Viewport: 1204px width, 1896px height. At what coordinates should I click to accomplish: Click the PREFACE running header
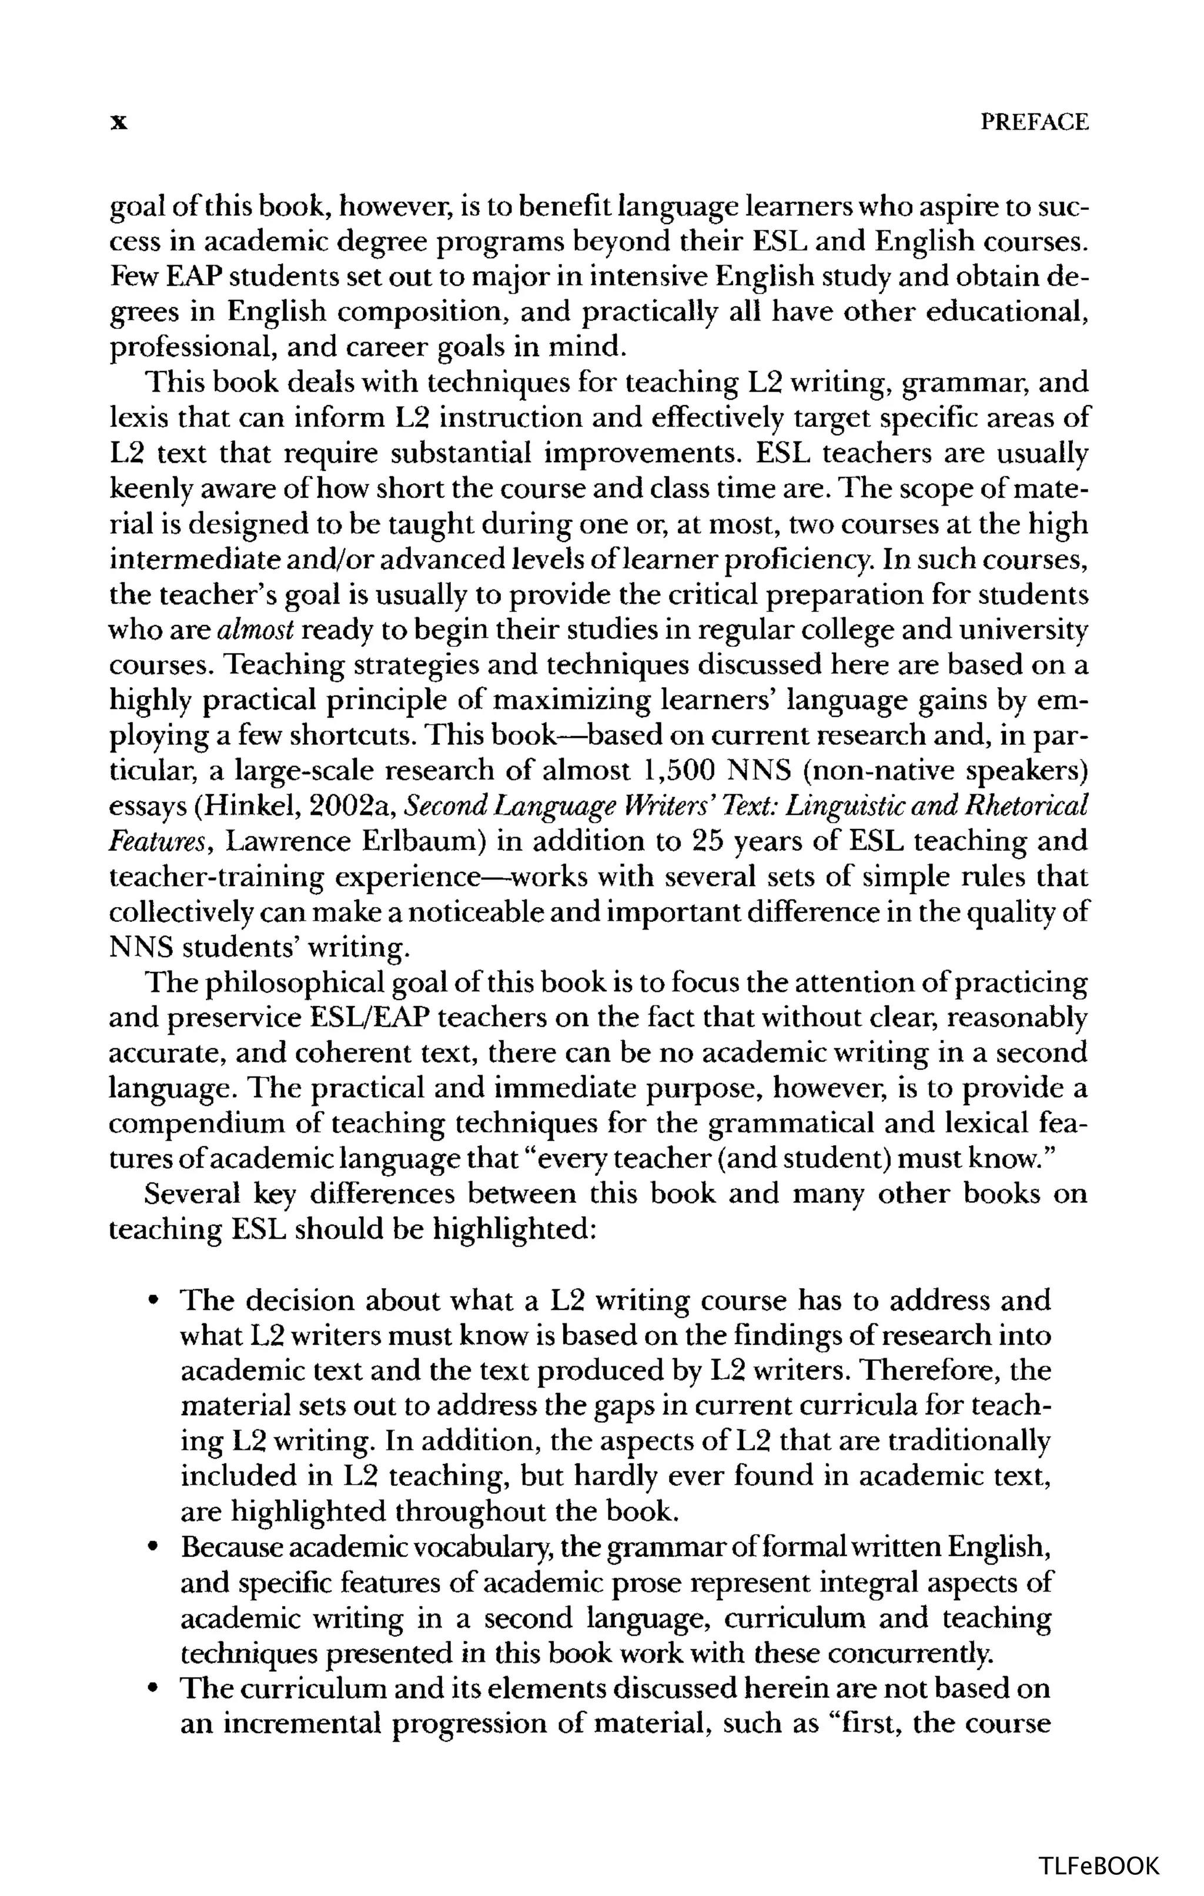click(x=1035, y=122)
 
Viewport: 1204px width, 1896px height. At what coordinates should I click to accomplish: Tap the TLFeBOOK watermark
click(x=1099, y=1866)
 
